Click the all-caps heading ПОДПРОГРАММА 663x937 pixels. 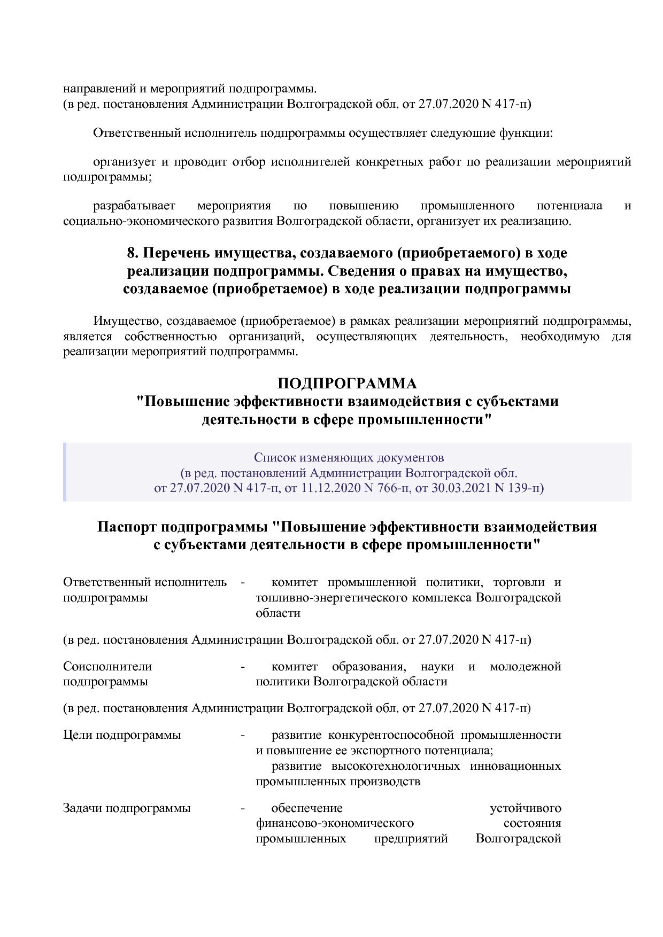point(346,384)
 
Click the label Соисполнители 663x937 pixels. point(107,667)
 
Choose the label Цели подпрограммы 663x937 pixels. point(122,735)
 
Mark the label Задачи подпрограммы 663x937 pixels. point(127,808)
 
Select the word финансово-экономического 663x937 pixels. point(335,823)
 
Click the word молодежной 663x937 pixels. point(526,667)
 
